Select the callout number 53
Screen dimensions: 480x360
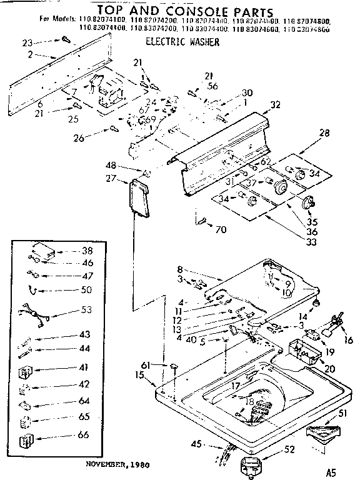point(87,309)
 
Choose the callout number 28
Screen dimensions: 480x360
point(324,133)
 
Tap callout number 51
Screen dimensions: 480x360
point(343,412)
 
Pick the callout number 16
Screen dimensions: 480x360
point(349,341)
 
